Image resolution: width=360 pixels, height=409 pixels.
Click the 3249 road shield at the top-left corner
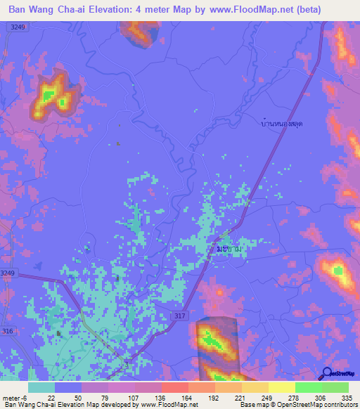(x=19, y=26)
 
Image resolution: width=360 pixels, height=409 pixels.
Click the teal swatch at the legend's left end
(x=41, y=387)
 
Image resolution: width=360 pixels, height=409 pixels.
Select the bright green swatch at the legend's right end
(x=335, y=387)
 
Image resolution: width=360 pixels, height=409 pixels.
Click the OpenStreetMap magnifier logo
(x=326, y=373)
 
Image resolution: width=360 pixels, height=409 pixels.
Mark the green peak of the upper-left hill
(x=51, y=93)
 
